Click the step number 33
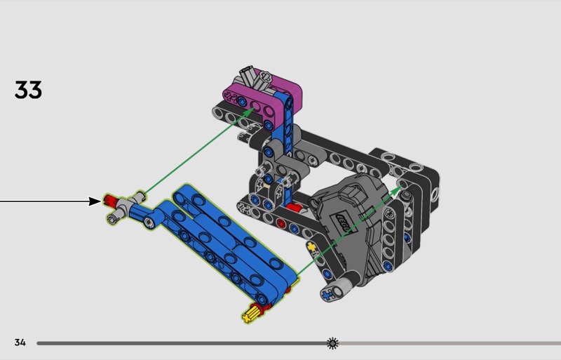point(28,90)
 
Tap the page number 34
point(20,342)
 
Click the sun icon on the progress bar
point(332,343)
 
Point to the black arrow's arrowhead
point(95,201)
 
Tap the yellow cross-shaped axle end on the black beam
point(311,247)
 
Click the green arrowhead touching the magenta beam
point(248,111)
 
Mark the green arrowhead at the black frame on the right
point(396,190)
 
